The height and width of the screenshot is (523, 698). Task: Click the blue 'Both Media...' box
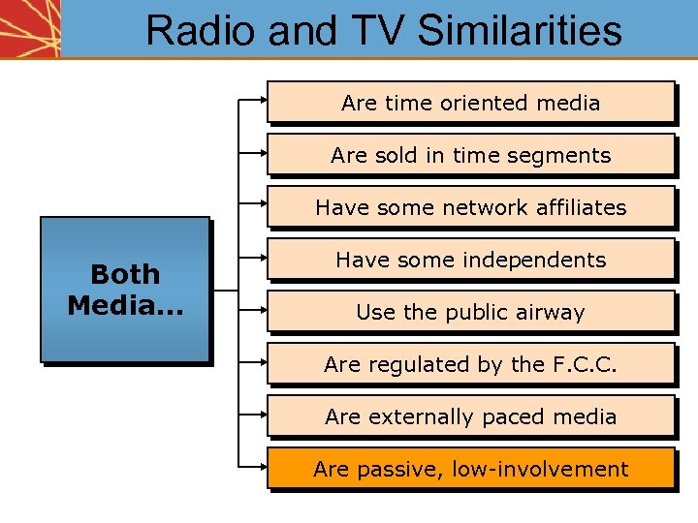point(124,289)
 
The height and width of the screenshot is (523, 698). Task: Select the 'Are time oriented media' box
point(470,102)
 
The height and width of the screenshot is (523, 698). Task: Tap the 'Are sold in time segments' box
point(470,154)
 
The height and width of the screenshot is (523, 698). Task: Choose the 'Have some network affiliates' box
point(470,206)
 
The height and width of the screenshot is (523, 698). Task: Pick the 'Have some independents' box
point(470,259)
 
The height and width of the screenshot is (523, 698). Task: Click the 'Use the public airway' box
point(470,311)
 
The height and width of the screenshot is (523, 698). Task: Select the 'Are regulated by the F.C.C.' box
point(470,363)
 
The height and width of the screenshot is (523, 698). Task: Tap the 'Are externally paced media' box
point(470,415)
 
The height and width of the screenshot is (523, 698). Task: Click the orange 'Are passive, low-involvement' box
point(470,468)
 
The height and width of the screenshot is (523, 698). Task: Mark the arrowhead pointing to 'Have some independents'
point(263,256)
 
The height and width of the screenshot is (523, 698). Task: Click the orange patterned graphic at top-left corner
point(30,28)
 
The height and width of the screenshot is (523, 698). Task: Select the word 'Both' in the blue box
point(124,274)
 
